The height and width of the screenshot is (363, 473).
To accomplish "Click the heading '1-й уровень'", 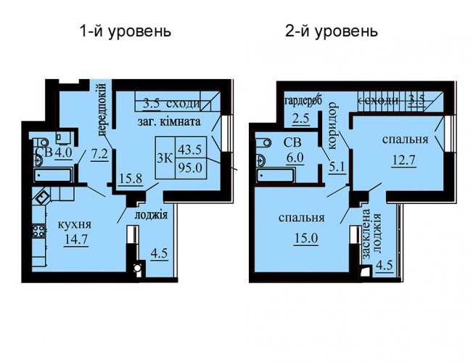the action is [x=126, y=31].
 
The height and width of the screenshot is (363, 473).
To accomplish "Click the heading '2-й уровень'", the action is [x=332, y=31].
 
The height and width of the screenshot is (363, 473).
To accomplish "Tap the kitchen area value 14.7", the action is [x=75, y=240].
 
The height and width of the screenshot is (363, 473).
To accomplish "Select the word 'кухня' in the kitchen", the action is [x=74, y=224].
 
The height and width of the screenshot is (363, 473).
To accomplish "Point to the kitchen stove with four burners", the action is [x=38, y=232].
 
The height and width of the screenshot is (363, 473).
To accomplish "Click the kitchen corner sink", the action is [x=43, y=197].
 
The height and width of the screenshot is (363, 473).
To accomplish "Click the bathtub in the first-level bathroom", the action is [x=53, y=176].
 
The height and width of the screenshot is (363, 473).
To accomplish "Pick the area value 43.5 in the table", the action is [x=190, y=150].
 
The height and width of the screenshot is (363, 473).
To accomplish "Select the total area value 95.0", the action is [x=190, y=168].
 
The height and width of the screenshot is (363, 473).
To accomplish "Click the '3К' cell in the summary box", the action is [x=165, y=158].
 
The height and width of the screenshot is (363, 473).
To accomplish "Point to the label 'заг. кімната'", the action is [x=169, y=122].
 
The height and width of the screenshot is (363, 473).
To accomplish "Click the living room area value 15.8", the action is [x=131, y=179].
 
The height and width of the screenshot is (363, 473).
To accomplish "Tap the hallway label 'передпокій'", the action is [x=102, y=110].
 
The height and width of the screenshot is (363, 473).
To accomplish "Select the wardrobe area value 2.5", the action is [x=301, y=118].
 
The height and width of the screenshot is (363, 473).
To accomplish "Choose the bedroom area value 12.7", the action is [x=404, y=159].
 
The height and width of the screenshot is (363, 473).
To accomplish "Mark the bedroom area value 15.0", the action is [x=305, y=238].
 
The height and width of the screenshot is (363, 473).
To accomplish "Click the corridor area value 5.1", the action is [x=337, y=167].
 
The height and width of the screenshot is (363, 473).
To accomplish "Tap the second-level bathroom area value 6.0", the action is [x=295, y=158].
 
